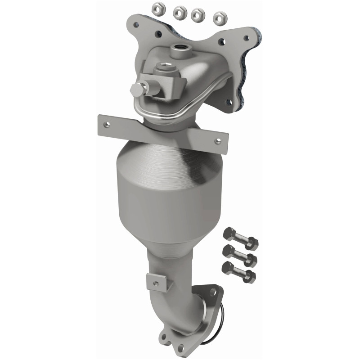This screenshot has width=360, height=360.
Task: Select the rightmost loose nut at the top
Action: [x=220, y=18]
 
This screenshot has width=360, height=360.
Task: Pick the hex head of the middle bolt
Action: [x=228, y=251]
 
